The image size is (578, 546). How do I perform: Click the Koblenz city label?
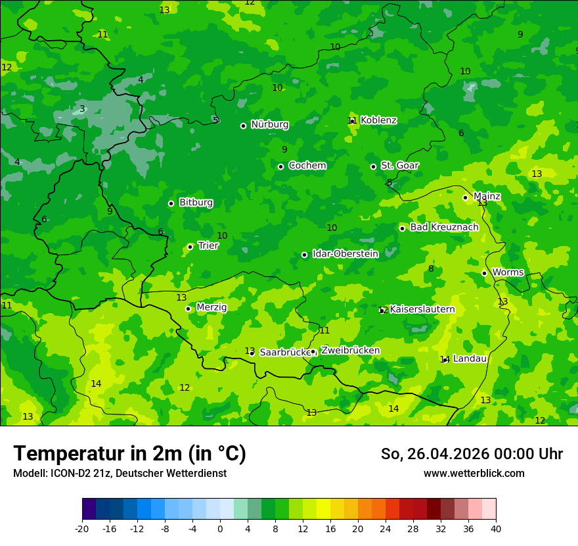(x=378, y=120)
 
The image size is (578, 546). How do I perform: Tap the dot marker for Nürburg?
(x=243, y=126)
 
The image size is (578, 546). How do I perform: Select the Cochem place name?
(x=307, y=166)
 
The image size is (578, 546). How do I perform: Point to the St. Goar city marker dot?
(x=373, y=166)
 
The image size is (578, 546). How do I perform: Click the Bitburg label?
(x=196, y=203)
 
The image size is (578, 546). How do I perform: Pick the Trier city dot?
(x=190, y=247)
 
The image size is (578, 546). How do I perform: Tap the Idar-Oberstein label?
(x=345, y=254)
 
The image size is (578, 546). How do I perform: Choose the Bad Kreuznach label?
(x=444, y=227)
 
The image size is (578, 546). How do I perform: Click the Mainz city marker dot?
(x=465, y=197)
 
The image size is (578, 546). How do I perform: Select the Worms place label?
(x=508, y=272)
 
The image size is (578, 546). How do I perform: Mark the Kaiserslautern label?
(x=422, y=309)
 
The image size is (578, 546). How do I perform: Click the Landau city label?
(x=470, y=359)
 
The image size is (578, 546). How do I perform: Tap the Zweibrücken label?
(x=350, y=351)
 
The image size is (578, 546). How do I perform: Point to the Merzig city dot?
(x=188, y=309)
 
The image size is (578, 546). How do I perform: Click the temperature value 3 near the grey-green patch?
(x=82, y=109)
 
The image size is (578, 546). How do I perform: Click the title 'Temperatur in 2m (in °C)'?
(x=129, y=454)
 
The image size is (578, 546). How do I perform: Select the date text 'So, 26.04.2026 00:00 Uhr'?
(x=472, y=454)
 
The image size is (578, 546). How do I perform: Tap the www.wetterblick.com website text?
(x=474, y=474)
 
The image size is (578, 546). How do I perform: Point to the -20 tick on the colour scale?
(x=82, y=528)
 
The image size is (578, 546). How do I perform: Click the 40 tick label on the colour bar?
(x=496, y=528)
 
